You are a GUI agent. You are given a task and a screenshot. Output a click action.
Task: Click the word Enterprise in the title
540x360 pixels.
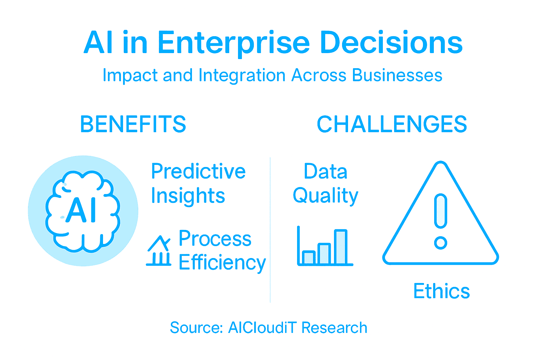coord(233,43)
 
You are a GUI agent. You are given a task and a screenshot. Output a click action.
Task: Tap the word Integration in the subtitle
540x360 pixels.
coord(242,75)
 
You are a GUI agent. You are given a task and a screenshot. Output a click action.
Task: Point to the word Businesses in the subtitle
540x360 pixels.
coord(397,75)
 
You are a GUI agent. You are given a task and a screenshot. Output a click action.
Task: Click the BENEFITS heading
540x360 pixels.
coord(133,124)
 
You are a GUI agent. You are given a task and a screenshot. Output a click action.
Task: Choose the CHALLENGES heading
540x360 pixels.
coord(392,124)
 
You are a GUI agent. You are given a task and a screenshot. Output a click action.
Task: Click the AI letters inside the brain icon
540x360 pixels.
coord(82,211)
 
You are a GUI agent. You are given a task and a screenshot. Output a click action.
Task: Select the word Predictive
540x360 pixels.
coord(198,172)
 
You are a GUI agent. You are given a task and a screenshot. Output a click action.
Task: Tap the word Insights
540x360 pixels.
coord(188,196)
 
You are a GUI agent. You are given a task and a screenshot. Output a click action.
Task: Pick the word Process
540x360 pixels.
coord(215,239)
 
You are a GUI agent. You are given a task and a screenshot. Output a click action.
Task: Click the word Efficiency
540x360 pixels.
coord(222,263)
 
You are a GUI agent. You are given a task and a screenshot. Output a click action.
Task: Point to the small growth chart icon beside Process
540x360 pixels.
coord(159,250)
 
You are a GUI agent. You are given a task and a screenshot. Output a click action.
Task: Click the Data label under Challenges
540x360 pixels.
coord(326,172)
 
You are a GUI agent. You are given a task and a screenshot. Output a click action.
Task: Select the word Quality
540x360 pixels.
coord(326,196)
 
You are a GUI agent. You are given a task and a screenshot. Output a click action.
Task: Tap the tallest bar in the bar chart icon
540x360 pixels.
coord(340,247)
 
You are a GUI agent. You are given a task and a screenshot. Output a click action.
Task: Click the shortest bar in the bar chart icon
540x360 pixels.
coord(308,257)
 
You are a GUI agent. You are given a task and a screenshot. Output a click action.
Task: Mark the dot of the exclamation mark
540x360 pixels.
coord(441,243)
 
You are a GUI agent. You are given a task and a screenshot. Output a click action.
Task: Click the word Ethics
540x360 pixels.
coord(442,291)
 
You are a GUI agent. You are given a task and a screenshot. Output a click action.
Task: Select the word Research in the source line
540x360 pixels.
coord(334,328)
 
